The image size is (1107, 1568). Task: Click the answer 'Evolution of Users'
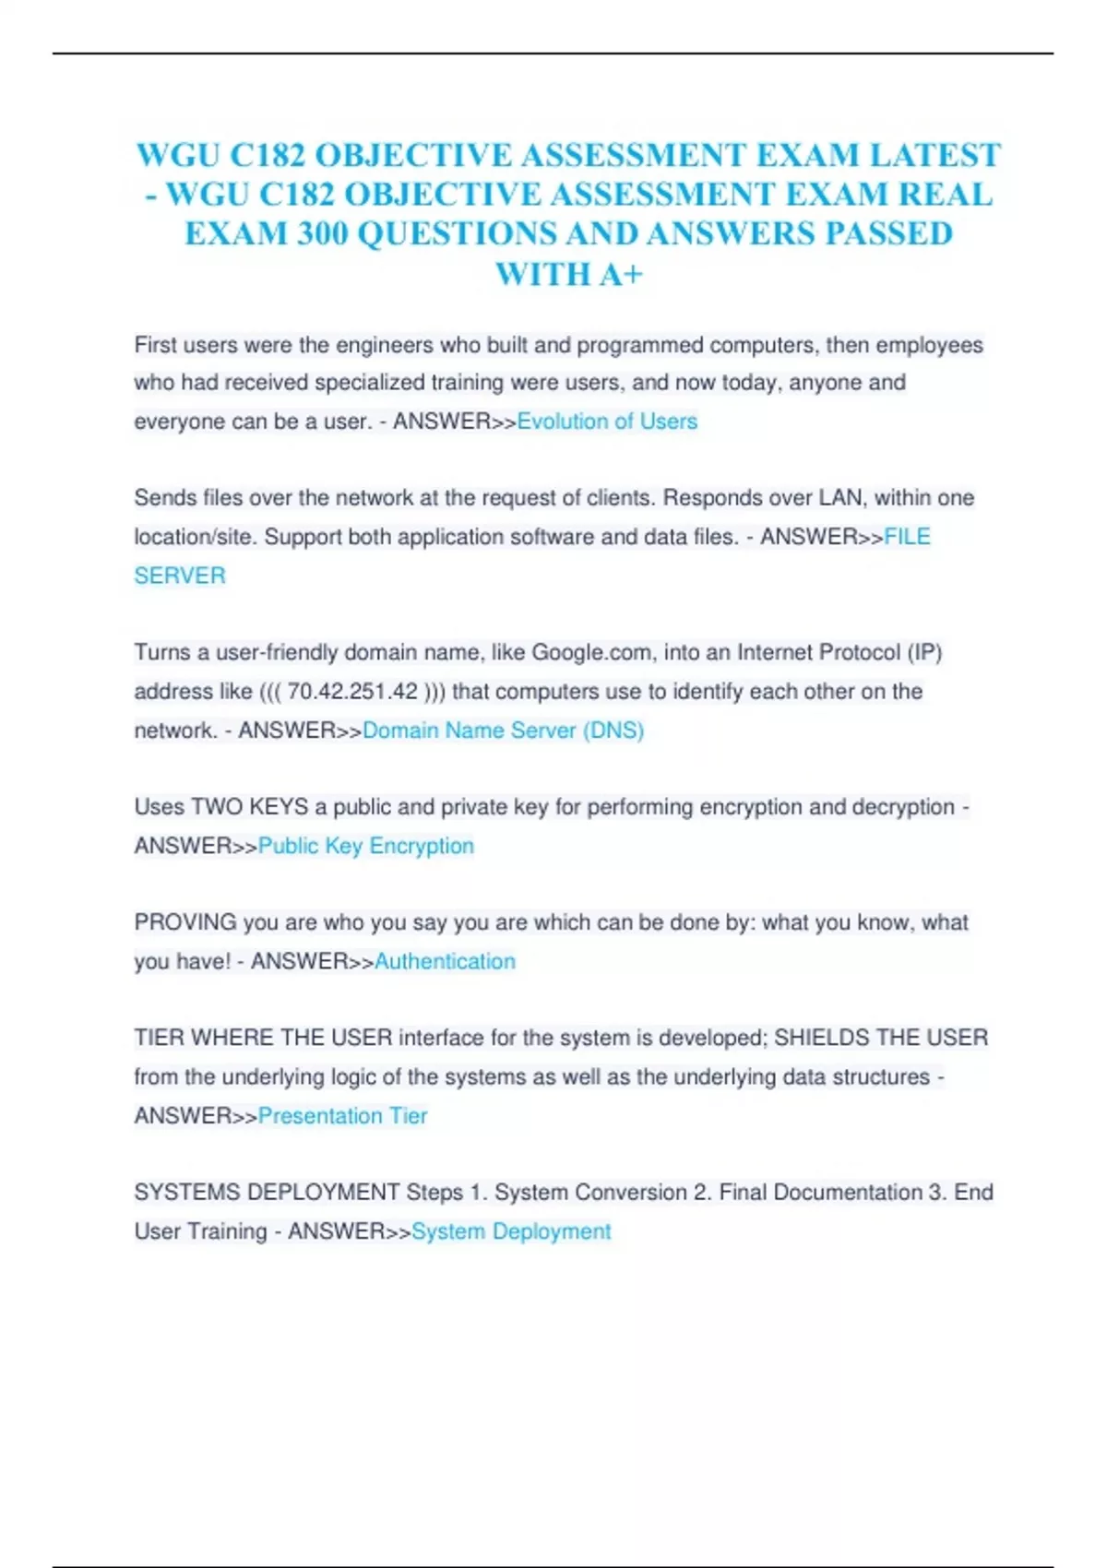607,422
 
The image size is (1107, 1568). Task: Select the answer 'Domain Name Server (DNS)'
503,731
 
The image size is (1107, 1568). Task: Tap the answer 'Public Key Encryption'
365,846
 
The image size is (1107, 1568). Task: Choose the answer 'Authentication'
445,961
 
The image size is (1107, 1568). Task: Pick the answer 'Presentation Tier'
342,1116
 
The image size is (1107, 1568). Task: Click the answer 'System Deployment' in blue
511,1231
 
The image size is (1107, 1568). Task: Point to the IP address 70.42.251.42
352,692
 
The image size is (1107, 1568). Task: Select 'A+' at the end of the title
621,274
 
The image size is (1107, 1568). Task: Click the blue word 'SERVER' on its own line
180,576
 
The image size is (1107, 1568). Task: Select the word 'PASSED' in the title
888,234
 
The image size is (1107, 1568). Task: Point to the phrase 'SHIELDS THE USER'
880,1038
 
